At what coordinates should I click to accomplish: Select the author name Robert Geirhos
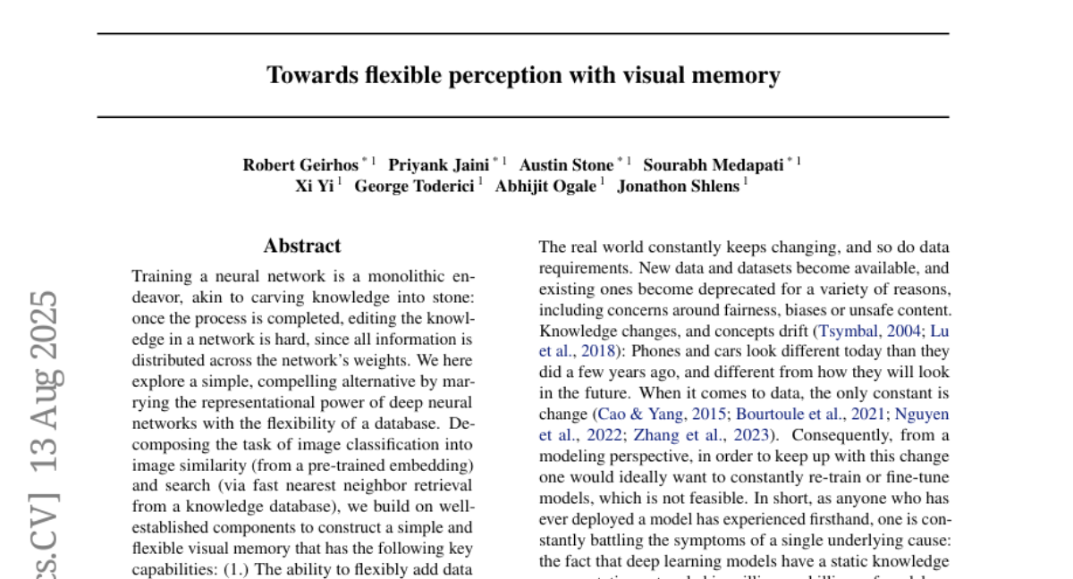[x=300, y=164]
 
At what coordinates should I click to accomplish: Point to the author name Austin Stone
[x=566, y=164]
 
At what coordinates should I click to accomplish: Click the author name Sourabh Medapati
[x=714, y=164]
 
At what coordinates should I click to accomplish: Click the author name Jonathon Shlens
[x=678, y=187]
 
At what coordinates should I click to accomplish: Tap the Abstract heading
[x=302, y=246]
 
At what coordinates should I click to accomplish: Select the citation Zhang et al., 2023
[x=704, y=436]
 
